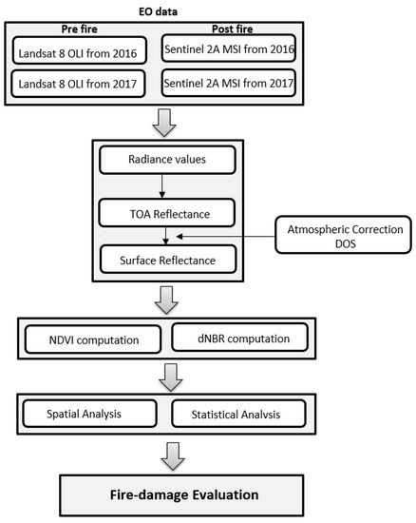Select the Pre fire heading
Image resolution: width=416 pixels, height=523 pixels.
click(74, 29)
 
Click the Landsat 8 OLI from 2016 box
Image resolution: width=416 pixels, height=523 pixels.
click(74, 49)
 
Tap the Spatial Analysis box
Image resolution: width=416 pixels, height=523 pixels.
click(86, 415)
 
